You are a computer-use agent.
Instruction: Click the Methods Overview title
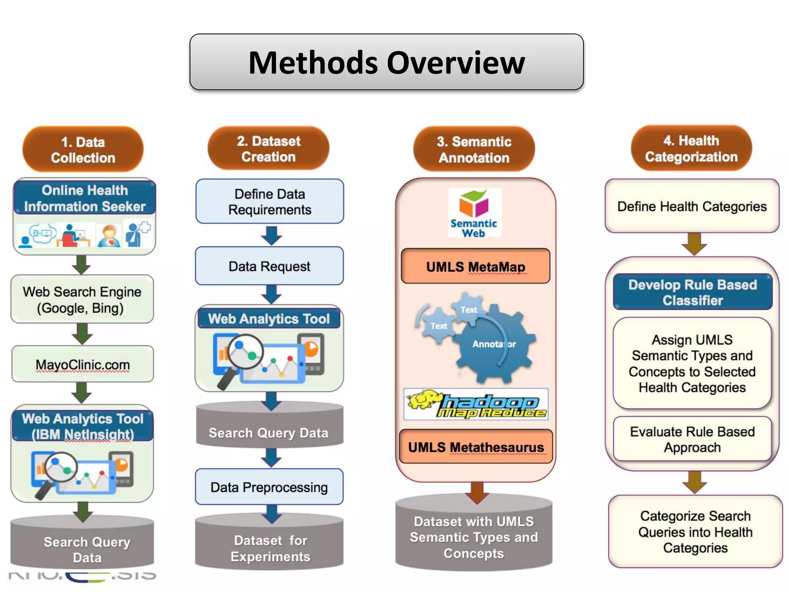pos(386,62)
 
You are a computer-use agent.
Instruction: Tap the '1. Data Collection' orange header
pos(83,150)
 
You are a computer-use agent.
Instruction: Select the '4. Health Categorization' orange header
pos(691,148)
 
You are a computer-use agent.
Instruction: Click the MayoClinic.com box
pos(82,364)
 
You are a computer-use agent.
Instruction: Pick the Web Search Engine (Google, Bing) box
pos(82,299)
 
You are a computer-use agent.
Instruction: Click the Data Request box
pos(269,266)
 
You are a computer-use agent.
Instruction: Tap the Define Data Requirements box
pos(270,202)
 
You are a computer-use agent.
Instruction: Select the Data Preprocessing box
pos(269,487)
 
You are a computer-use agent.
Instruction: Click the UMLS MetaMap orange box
pos(475,266)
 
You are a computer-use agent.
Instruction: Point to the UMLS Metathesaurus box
pos(476,447)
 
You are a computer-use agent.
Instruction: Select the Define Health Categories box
pos(692,206)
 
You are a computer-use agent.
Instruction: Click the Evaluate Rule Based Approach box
pos(692,439)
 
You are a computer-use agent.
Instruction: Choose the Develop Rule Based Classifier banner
pos(693,292)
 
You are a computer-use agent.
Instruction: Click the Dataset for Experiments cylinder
pos(270,547)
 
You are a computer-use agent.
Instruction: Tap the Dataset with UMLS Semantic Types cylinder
pos(474,537)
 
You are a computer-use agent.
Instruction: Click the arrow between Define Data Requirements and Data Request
pos(271,235)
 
